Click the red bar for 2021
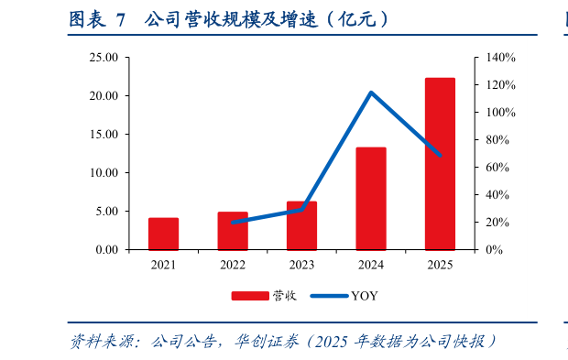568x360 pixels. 163,234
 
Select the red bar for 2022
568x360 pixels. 233,231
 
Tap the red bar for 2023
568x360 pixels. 301,225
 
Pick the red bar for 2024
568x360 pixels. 371,198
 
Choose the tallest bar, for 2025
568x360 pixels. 440,164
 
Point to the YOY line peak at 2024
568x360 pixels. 371,93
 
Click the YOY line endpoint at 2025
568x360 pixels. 440,155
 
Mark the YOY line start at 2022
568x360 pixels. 233,222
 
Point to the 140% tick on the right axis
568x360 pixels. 501,58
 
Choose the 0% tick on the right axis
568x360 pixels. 495,249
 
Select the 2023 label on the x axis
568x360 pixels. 301,265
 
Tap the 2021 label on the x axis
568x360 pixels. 163,265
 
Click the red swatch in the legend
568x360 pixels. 248,296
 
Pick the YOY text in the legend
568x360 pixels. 364,296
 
